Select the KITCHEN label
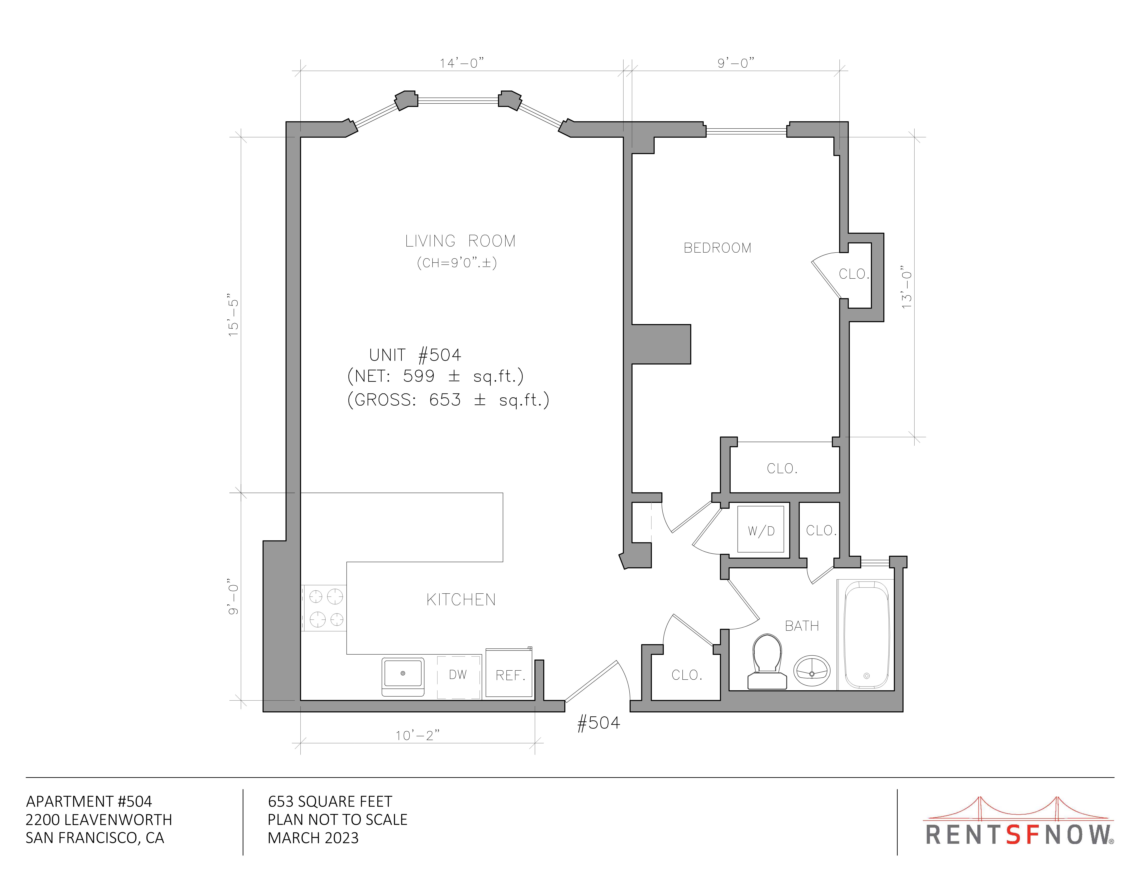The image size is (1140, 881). click(461, 600)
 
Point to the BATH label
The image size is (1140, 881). click(802, 626)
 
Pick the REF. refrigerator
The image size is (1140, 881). click(509, 673)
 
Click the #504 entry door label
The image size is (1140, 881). click(598, 723)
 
